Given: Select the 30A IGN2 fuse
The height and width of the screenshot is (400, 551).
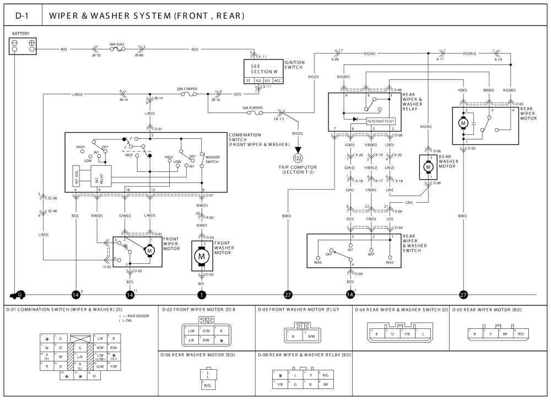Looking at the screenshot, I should pyautogui.click(x=117, y=50).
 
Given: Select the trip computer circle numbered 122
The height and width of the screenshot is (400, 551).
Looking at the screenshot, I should pyautogui.click(x=298, y=158).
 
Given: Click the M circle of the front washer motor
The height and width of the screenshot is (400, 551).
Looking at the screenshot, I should pyautogui.click(x=202, y=256).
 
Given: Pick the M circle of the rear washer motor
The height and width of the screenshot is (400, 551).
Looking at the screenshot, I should pyautogui.click(x=428, y=167).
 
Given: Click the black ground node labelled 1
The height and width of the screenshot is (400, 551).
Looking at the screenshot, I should pyautogui.click(x=202, y=295).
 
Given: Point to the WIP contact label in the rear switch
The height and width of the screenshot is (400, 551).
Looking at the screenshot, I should pyautogui.click(x=371, y=255).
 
